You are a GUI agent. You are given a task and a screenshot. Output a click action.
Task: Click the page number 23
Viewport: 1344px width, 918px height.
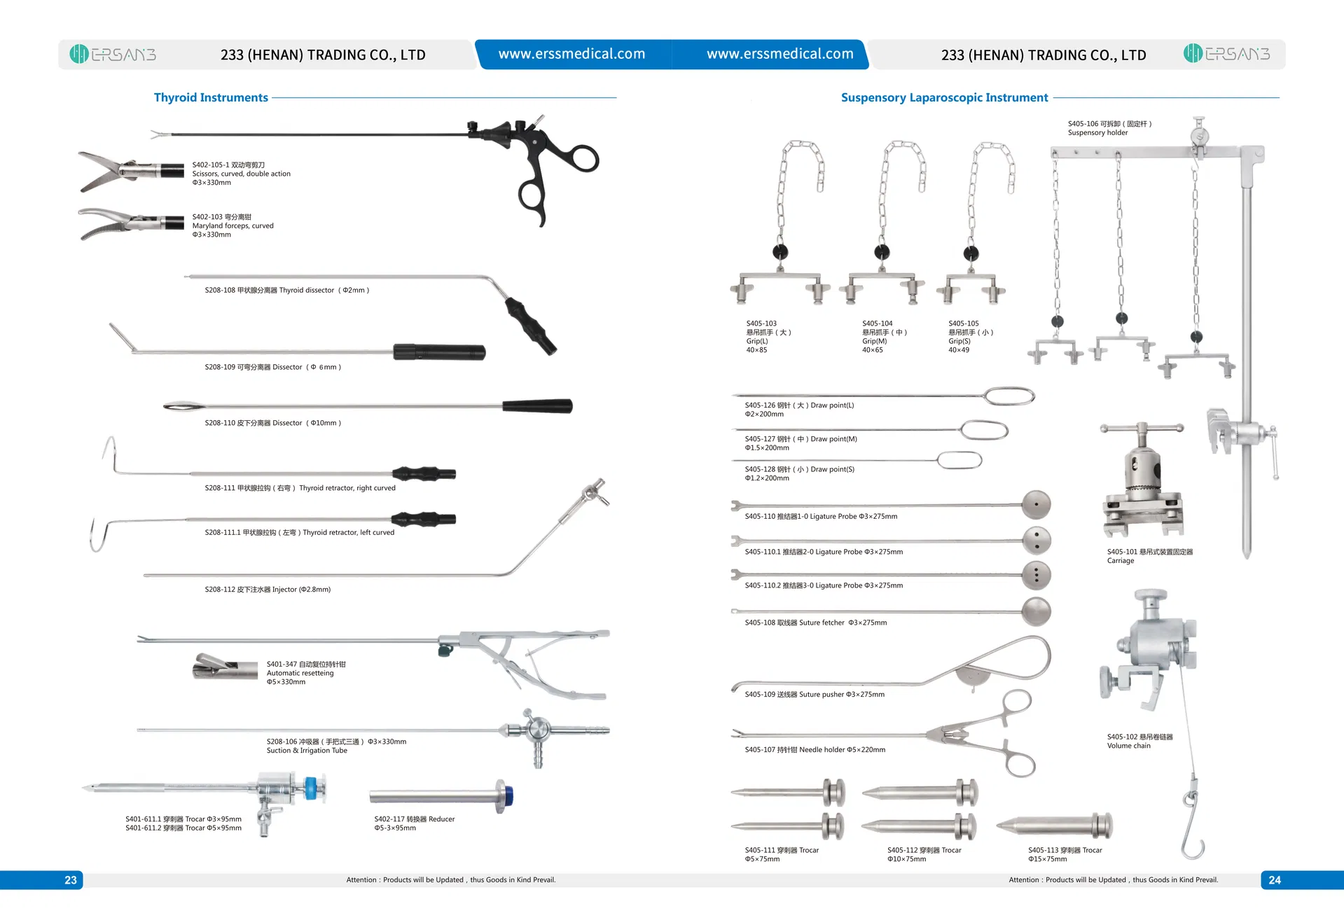click(71, 880)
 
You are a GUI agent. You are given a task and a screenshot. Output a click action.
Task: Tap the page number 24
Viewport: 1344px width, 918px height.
click(1274, 880)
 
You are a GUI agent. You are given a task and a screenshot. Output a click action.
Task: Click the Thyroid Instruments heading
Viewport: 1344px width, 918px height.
click(211, 97)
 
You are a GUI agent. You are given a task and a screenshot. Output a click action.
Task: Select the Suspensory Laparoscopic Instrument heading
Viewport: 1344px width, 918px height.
click(944, 97)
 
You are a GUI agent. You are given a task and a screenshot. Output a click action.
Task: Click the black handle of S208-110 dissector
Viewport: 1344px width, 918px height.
click(537, 405)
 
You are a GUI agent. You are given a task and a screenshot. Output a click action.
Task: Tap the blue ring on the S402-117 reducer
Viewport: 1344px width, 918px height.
click(508, 796)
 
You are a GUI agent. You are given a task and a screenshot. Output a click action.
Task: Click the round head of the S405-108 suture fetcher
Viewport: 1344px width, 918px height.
click(1037, 611)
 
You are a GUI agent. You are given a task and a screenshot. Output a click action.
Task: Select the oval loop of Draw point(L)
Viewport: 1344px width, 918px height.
click(1009, 396)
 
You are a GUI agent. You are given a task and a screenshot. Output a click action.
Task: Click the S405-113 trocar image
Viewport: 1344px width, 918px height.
click(1054, 826)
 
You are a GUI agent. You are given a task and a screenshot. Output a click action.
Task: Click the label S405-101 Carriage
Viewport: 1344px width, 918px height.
click(1149, 556)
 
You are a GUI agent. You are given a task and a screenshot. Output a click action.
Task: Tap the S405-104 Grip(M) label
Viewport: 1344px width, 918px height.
click(884, 336)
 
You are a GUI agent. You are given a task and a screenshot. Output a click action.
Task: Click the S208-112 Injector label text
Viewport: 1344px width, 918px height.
click(268, 590)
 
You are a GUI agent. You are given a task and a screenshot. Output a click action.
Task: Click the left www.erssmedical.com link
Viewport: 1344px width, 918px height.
click(571, 54)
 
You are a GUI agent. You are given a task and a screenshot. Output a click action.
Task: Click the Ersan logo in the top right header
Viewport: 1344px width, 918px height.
click(1226, 53)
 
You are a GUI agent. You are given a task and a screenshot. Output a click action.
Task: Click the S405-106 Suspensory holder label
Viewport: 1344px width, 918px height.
click(1109, 128)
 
